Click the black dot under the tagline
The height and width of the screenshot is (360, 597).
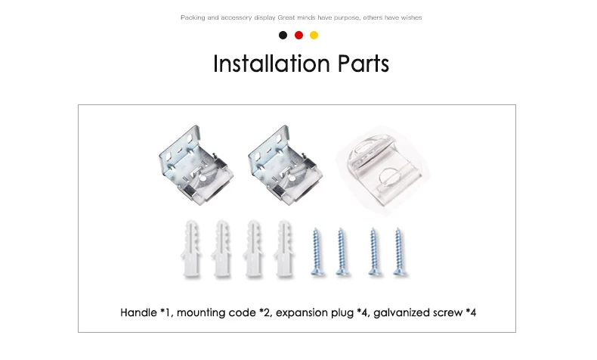(x=283, y=35)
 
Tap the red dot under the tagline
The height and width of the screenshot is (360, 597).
(x=299, y=35)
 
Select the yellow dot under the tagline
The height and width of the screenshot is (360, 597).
(x=314, y=35)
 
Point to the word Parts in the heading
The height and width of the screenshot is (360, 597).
(x=363, y=64)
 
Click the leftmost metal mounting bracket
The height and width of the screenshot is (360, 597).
(x=196, y=165)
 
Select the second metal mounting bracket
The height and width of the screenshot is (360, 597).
(x=285, y=165)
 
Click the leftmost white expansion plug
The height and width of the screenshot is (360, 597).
(x=190, y=249)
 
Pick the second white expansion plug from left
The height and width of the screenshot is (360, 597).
(x=222, y=249)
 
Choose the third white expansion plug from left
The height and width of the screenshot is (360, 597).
(x=253, y=249)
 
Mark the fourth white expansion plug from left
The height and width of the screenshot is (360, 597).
(x=284, y=249)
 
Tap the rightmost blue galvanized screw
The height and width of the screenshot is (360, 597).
(x=400, y=251)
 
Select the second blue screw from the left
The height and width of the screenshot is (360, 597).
(x=342, y=251)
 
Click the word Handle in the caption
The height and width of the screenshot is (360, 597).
(x=138, y=313)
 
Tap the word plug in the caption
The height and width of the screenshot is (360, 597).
(x=342, y=314)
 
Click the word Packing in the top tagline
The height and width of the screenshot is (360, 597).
(x=193, y=17)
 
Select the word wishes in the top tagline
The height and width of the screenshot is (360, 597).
(x=411, y=17)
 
